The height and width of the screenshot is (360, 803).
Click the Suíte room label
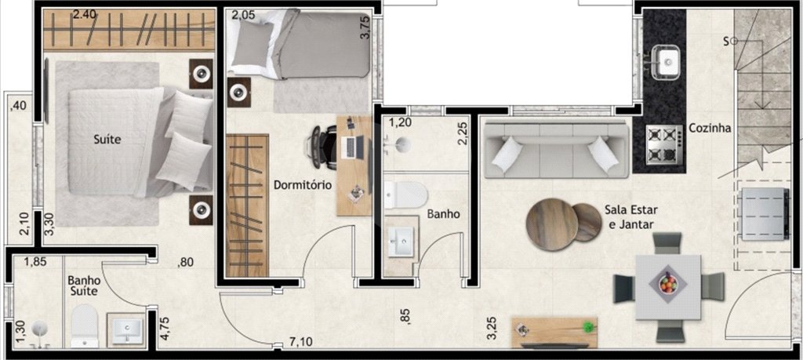tap(107, 139)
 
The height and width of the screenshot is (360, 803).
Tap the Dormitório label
tap(302, 184)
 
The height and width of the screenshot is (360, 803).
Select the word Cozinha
tap(710, 128)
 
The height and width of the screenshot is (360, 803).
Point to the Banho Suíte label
tap(84, 285)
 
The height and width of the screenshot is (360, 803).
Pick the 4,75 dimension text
tap(165, 329)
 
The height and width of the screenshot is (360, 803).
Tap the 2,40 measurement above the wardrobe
tap(84, 15)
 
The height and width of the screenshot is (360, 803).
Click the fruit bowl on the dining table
tap(668, 284)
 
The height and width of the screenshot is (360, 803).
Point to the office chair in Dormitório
tap(321, 147)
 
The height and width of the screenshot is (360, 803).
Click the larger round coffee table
tap(552, 224)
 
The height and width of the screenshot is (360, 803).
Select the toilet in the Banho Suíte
tap(85, 326)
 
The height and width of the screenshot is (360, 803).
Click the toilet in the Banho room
tap(405, 195)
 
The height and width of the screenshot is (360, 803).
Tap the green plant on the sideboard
tap(590, 326)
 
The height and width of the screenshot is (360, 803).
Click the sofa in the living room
tap(556, 148)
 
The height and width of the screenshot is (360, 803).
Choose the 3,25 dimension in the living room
tap(491, 329)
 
